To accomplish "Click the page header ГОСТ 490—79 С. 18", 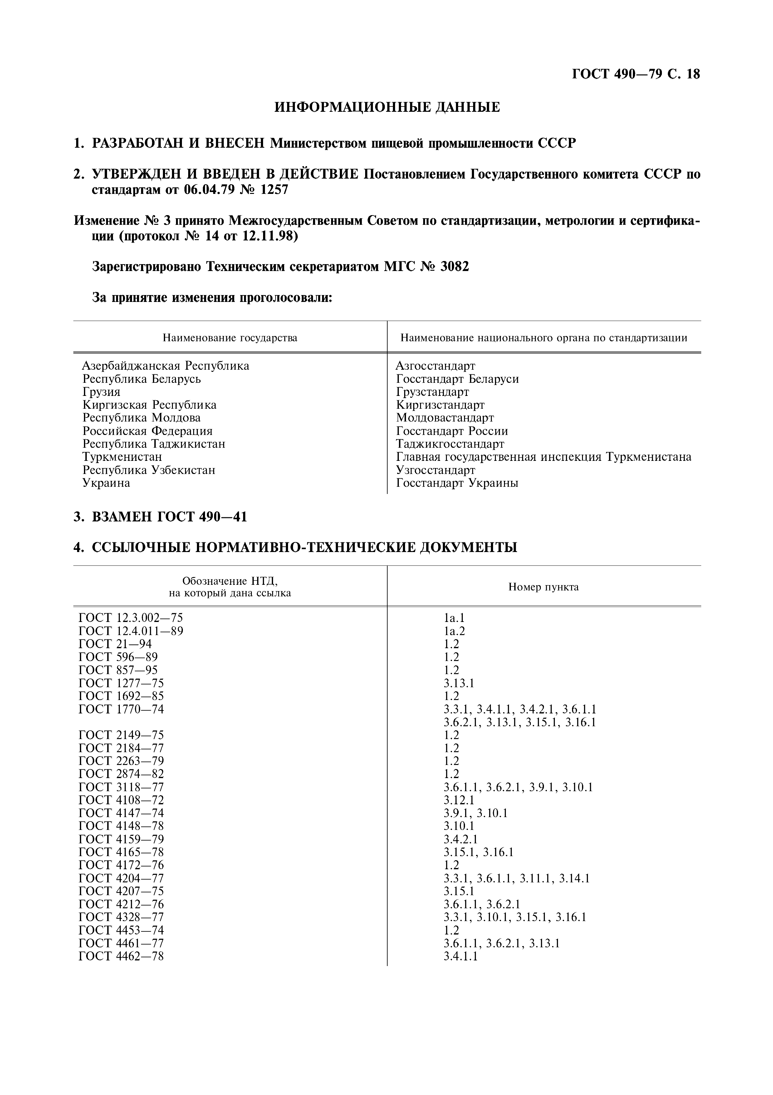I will (635, 74).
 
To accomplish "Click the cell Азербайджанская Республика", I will (165, 366).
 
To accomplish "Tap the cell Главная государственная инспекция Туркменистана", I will (543, 457).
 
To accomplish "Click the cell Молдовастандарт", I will (445, 418).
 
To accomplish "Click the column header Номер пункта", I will (543, 587).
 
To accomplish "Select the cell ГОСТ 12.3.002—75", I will (130, 618).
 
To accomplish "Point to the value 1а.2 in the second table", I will (454, 631).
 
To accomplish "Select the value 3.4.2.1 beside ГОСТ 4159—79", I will (460, 839).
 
